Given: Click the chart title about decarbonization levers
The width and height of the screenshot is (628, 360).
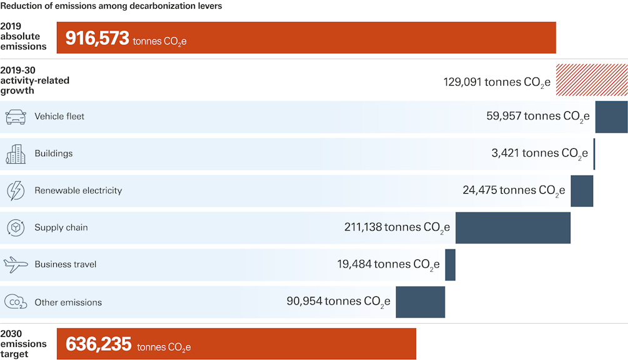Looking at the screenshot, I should [111, 6].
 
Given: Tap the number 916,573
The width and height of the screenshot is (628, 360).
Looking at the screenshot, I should [97, 38].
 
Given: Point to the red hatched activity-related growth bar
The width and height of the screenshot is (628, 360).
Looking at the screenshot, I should [592, 79].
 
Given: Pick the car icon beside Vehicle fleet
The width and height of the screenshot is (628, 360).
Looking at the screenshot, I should [16, 117].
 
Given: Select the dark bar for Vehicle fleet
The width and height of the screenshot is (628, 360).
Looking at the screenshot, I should [611, 117].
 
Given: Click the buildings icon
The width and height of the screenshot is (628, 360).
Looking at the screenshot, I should [16, 154].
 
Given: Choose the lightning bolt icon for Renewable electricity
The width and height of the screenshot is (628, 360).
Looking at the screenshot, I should [16, 191].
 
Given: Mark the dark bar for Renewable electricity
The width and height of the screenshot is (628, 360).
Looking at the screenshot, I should [582, 191].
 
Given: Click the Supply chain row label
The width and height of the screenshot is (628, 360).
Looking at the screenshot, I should [61, 227].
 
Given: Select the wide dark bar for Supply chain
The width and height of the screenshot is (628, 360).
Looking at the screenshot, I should [513, 227].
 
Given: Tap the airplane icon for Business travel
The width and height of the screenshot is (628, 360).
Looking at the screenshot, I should [16, 264].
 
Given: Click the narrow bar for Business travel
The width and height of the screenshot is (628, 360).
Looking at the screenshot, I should [450, 265].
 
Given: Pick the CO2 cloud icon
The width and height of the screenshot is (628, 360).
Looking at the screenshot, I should [16, 302].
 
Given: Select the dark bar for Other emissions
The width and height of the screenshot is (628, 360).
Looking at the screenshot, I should [420, 302].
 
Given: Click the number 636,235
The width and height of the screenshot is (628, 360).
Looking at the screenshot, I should [98, 344].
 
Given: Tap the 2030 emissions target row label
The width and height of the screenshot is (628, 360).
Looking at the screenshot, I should [24, 344].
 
